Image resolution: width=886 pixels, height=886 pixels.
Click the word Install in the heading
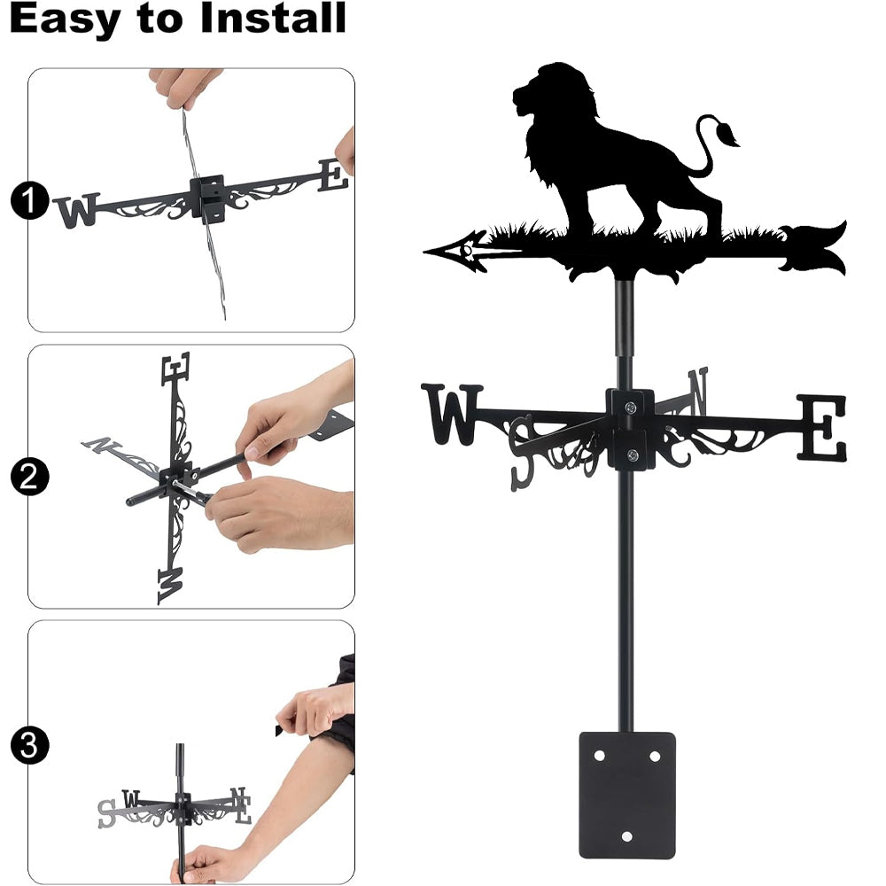coord(273,18)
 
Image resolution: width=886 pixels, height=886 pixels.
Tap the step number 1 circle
coord(28,200)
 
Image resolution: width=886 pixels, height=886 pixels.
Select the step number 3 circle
coord(28,745)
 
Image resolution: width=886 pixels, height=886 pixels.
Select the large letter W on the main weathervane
coord(451,414)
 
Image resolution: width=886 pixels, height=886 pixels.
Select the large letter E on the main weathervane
coord(822,427)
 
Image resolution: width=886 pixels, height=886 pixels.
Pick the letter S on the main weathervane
coord(522,453)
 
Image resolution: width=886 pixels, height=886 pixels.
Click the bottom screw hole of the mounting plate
coord(626,836)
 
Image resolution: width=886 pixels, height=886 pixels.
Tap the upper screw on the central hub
coord(631,407)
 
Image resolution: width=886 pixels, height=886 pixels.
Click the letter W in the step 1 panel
coord(76,210)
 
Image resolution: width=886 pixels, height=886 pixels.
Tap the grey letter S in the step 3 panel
coord(106,814)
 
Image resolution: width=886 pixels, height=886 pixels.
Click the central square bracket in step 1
coord(208,198)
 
